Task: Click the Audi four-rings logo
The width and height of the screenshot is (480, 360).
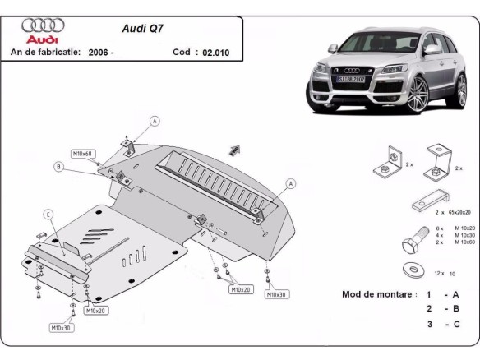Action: point(40,25)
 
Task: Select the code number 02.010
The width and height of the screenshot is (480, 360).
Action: point(213,52)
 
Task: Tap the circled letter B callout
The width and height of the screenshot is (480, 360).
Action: point(58,167)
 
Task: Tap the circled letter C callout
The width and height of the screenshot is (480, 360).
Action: point(48,215)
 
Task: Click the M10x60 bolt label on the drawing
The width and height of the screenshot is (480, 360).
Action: point(83,154)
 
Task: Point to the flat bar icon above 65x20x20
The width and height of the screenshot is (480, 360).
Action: point(429,199)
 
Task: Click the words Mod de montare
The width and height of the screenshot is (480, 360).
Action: point(378,293)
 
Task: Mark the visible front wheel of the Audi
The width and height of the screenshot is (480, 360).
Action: point(424,93)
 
